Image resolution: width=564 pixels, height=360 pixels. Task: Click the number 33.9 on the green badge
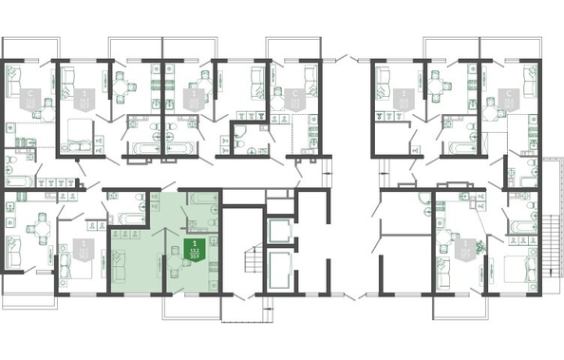[195, 252]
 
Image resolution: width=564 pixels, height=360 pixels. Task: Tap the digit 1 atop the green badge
[195, 229]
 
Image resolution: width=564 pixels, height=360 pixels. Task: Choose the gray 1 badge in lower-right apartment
[464, 250]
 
